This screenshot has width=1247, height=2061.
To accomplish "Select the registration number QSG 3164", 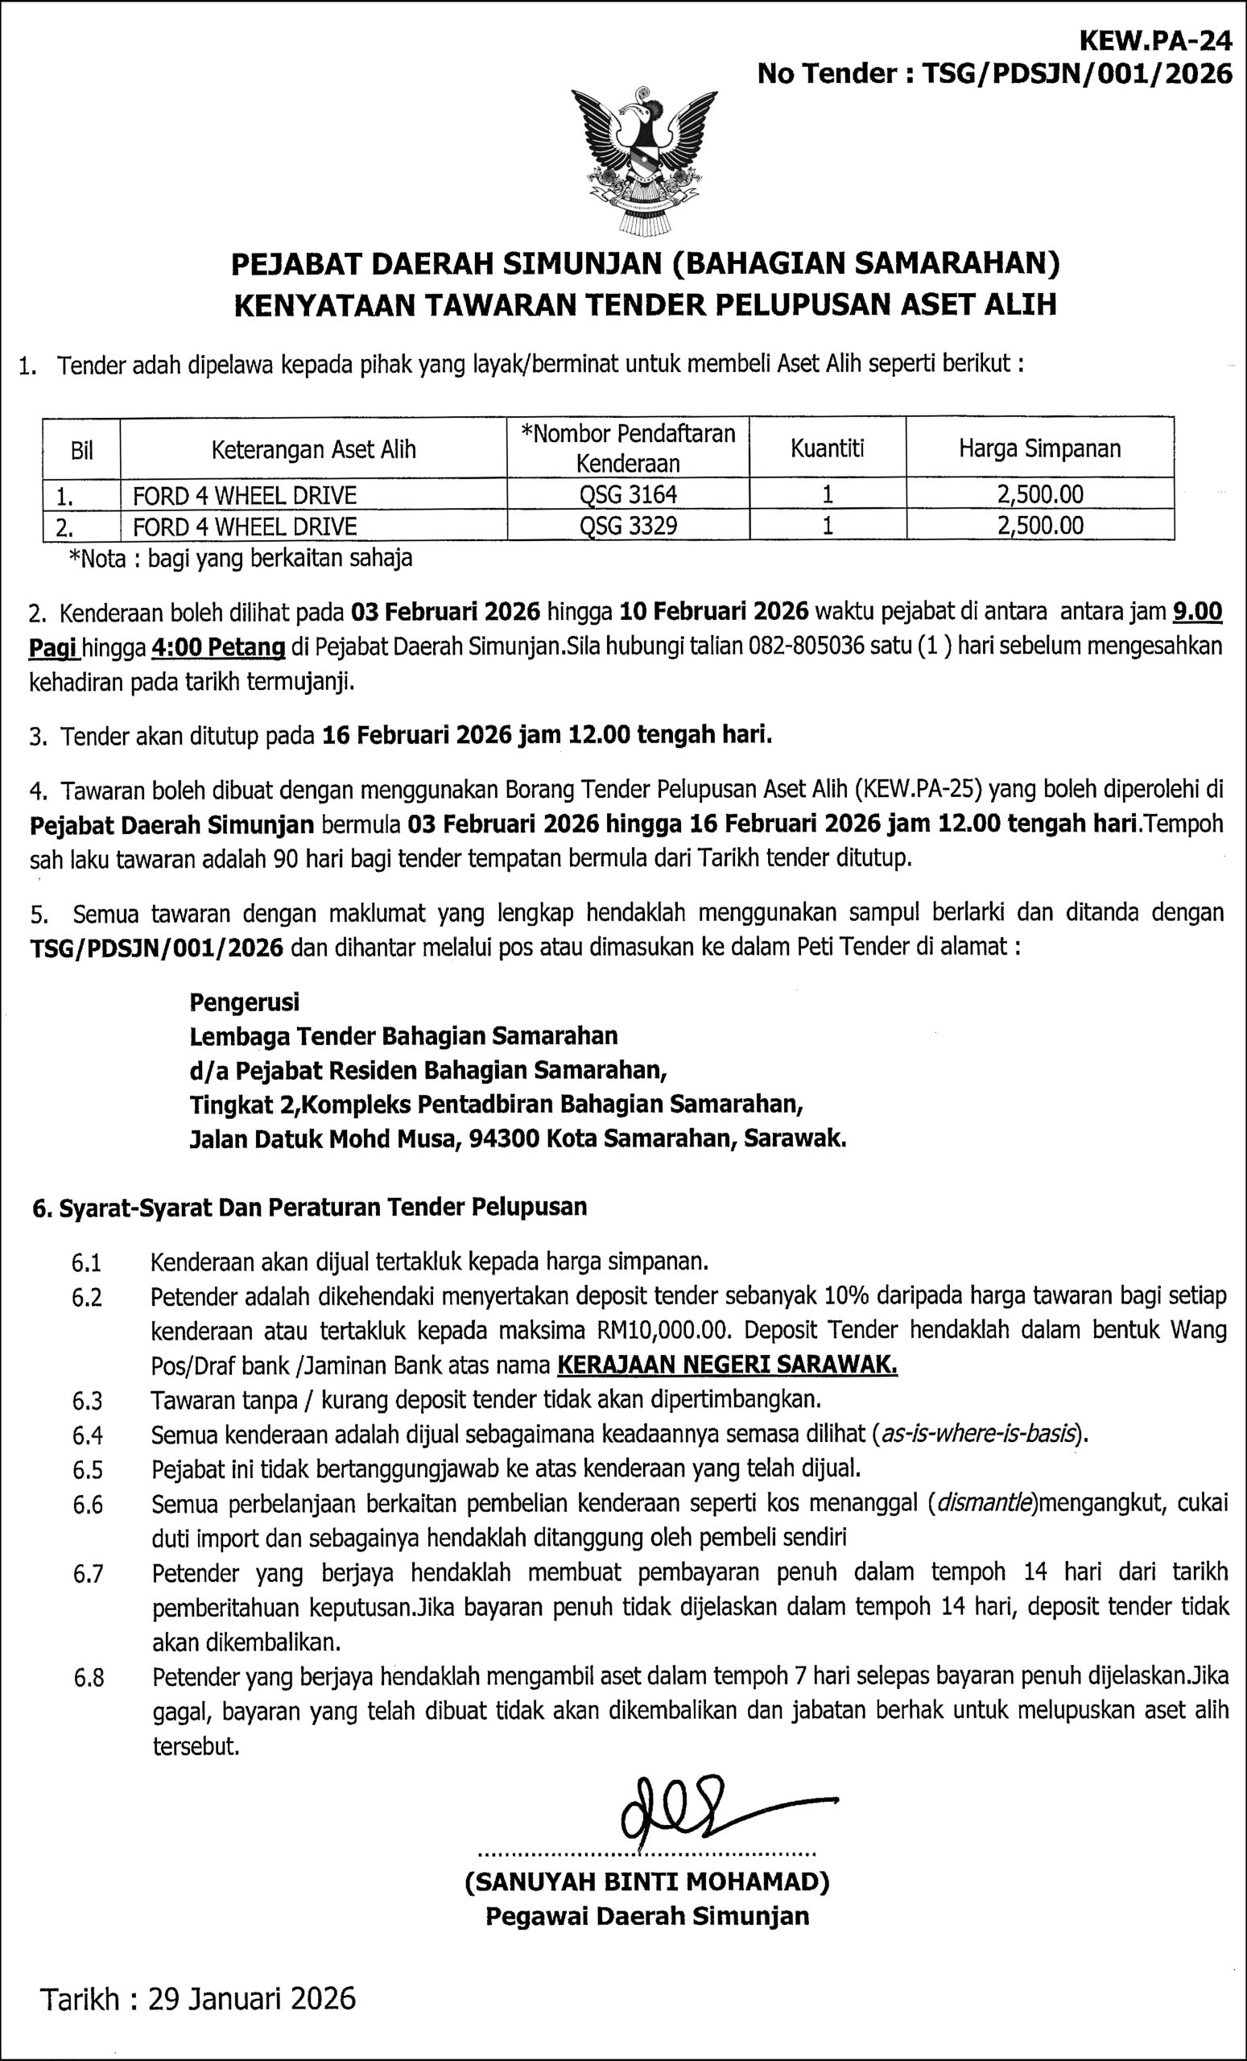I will pos(627,494).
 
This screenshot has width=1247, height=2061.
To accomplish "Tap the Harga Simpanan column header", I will pos(1039,448).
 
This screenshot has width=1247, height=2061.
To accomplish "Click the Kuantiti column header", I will pos(827,448).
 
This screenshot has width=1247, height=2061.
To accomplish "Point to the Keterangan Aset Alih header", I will pos(314,450).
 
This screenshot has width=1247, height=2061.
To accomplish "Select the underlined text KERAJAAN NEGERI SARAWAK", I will pos(727,1365).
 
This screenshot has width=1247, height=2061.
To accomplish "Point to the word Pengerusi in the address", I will pos(244,1002).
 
